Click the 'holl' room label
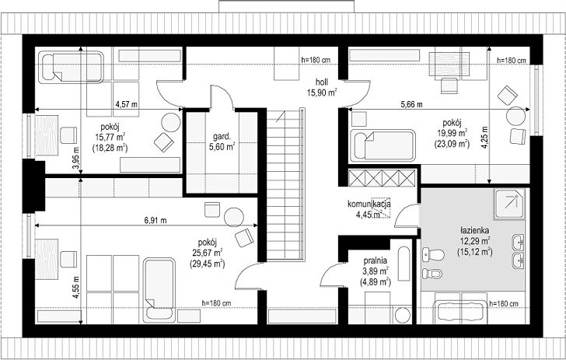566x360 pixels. pyautogui.click(x=322, y=82)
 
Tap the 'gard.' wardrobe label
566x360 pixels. pyautogui.click(x=222, y=137)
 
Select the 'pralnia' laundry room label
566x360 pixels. pyautogui.click(x=376, y=260)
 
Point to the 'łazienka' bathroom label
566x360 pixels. pyautogui.click(x=475, y=230)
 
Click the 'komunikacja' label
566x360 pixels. pyautogui.click(x=369, y=204)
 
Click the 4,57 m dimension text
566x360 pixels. pyautogui.click(x=126, y=105)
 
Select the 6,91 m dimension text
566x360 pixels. pyautogui.click(x=155, y=220)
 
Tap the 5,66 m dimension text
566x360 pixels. pyautogui.click(x=411, y=105)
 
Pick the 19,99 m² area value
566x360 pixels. pyautogui.click(x=452, y=132)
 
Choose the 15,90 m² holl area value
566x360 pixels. pyautogui.click(x=322, y=93)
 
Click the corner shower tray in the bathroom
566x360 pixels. pyautogui.click(x=509, y=204)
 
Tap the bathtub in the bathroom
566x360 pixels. pyautogui.click(x=460, y=311)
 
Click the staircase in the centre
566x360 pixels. pyautogui.click(x=285, y=184)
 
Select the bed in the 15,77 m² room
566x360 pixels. pyautogui.click(x=71, y=68)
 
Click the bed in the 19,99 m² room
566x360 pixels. pyautogui.click(x=383, y=145)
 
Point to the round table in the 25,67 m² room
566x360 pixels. pyautogui.click(x=234, y=217)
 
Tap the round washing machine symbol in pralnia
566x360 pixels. pyautogui.click(x=403, y=315)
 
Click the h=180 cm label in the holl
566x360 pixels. pyautogui.click(x=316, y=61)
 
